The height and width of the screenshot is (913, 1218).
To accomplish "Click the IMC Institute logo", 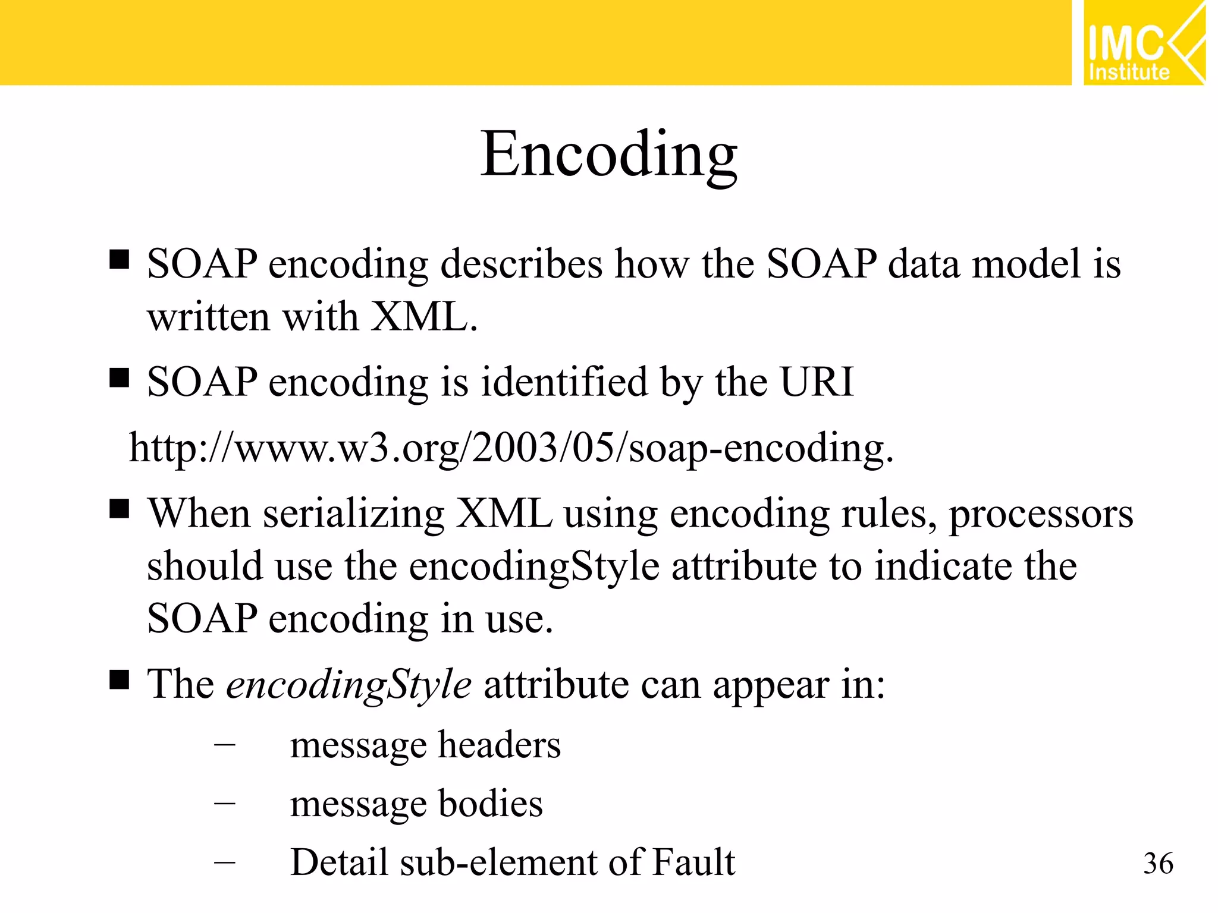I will click(1143, 43).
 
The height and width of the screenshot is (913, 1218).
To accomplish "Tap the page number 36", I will click(1158, 863).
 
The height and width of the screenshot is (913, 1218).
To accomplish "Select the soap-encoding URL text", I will click(511, 448).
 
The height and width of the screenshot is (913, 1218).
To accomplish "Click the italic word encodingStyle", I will click(349, 685).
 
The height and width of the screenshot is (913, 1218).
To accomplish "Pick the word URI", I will click(817, 382).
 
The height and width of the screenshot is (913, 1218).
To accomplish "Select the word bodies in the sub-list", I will click(490, 804).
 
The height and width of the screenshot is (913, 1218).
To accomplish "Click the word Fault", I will click(693, 862).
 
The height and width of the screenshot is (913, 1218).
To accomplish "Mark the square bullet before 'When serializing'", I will click(120, 509).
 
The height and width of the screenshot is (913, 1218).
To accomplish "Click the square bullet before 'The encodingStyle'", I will click(120, 679).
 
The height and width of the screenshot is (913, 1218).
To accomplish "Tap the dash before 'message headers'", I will click(225, 744).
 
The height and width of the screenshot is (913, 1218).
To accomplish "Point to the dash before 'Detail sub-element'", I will click(225, 862).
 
